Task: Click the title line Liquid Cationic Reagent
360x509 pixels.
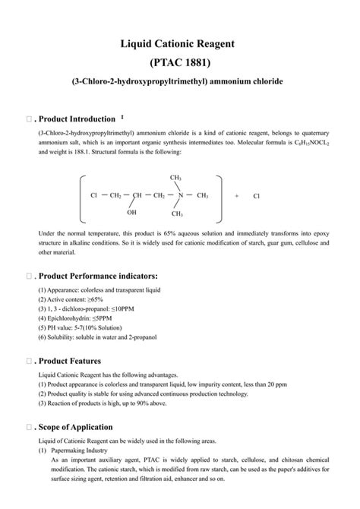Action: (x=180, y=44)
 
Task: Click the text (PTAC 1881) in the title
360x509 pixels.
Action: (x=180, y=62)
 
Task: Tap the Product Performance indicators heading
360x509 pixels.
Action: (x=98, y=274)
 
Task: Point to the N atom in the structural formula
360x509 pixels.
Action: (x=180, y=195)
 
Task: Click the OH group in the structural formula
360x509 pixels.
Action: (x=132, y=213)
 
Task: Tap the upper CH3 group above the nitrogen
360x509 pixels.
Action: (x=176, y=178)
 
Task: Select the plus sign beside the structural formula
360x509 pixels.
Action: (x=237, y=196)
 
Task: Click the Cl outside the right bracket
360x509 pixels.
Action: (x=257, y=196)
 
